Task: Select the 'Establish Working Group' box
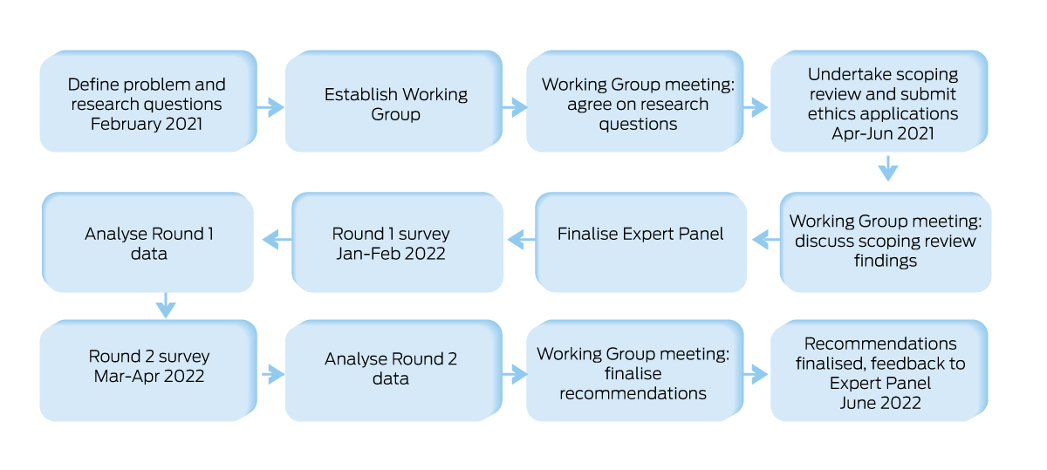pyautogui.click(x=396, y=104)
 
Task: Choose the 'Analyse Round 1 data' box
pyautogui.click(x=149, y=243)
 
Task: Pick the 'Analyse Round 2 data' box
pyautogui.click(x=391, y=369)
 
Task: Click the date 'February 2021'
pyautogui.click(x=147, y=124)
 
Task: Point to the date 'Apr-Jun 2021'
pyautogui.click(x=883, y=134)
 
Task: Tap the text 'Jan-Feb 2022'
pyautogui.click(x=391, y=254)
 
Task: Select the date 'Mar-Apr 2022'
pyautogui.click(x=149, y=377)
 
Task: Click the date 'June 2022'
pyautogui.click(x=880, y=403)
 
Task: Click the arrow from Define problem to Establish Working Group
pyautogui.click(x=270, y=108)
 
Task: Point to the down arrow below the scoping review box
pyautogui.click(x=887, y=167)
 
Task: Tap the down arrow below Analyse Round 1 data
pyautogui.click(x=165, y=305)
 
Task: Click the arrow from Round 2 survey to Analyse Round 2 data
pyautogui.click(x=272, y=374)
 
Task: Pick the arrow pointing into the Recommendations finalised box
pyautogui.click(x=755, y=374)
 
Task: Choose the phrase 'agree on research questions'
pyautogui.click(x=638, y=114)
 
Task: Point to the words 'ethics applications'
pyautogui.click(x=883, y=114)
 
